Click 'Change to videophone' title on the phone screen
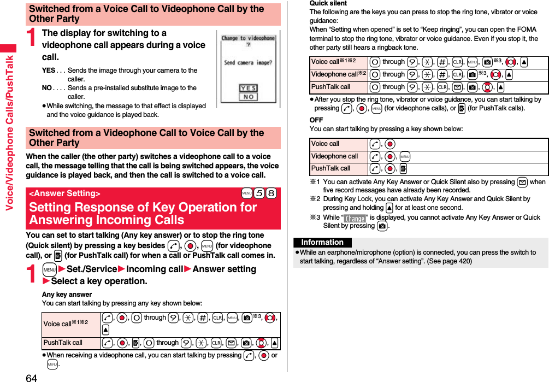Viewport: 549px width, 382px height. [x=248, y=38]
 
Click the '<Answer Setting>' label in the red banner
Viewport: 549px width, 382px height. [x=64, y=193]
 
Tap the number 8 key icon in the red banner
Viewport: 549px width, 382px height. [x=271, y=194]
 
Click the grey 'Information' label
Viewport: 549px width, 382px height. [x=322, y=243]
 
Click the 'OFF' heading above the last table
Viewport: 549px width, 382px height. [x=316, y=120]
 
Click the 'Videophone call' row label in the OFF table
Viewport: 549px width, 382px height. [x=334, y=156]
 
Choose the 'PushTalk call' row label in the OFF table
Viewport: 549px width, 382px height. [x=330, y=168]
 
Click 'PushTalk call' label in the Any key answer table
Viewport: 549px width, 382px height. [x=63, y=343]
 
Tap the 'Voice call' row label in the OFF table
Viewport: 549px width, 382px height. [x=325, y=144]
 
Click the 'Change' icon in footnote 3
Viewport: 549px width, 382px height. [x=356, y=218]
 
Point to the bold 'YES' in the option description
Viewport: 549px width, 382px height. [x=49, y=70]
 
